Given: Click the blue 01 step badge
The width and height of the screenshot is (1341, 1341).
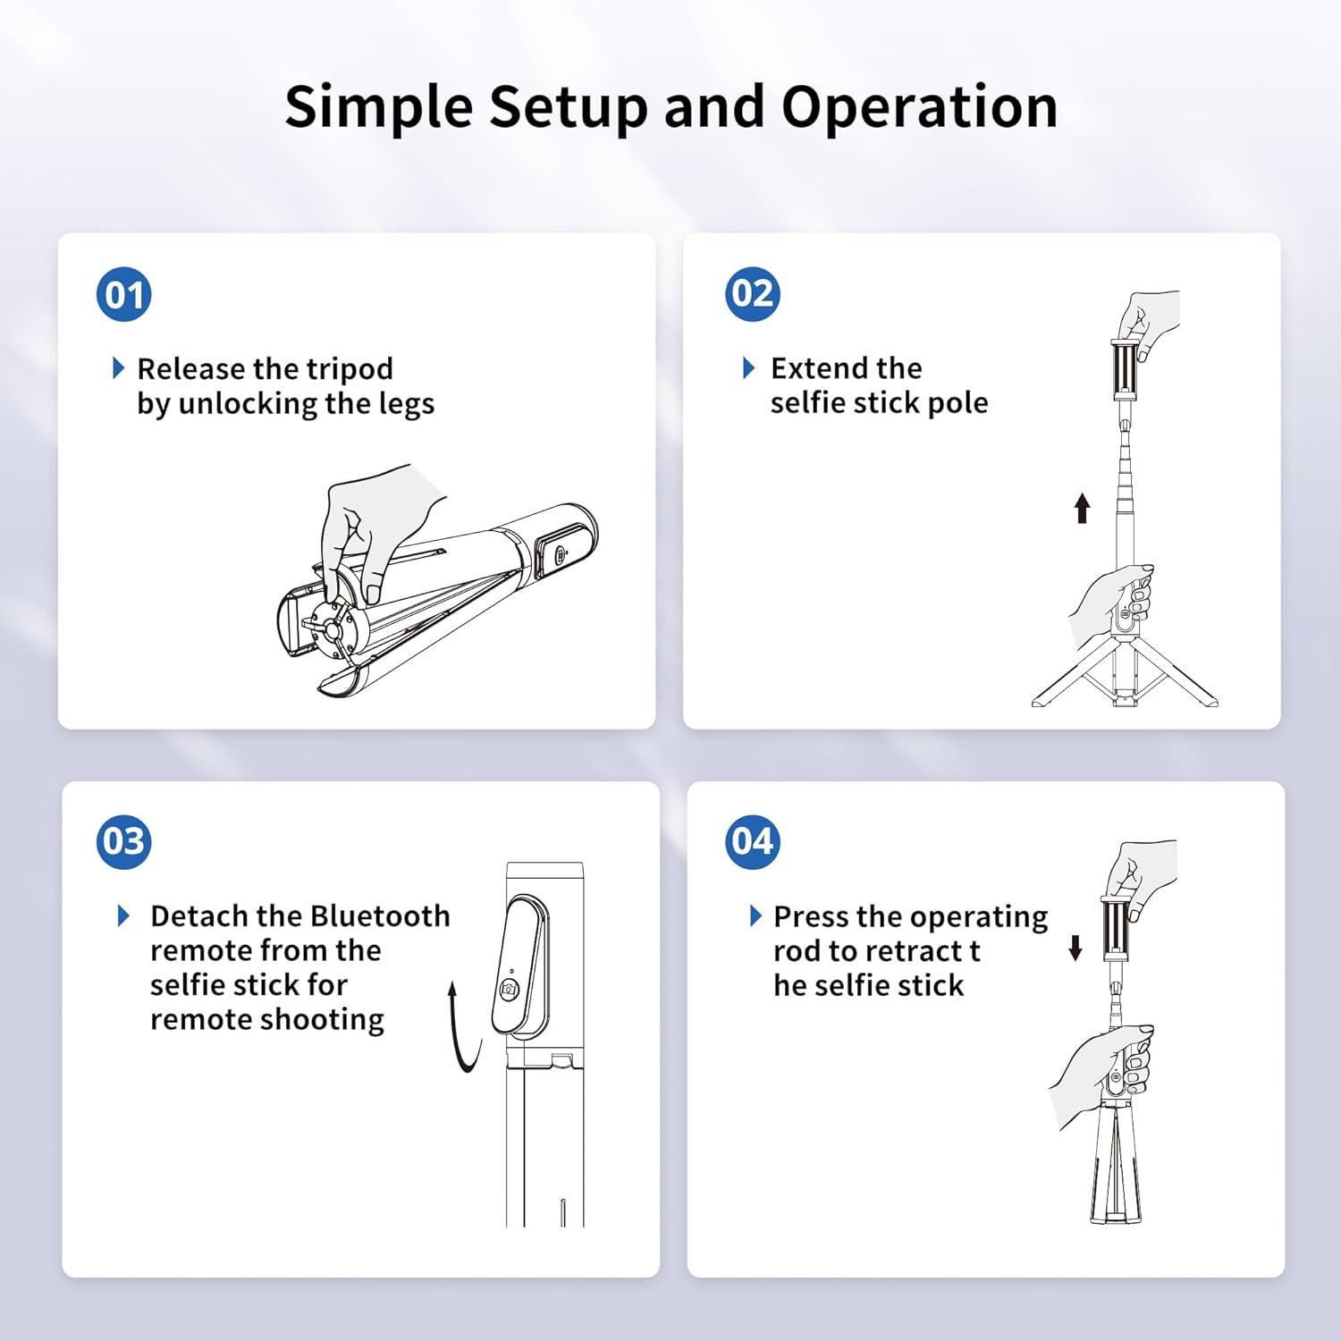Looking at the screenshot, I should tap(123, 295).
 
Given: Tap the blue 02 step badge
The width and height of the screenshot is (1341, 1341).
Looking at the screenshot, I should tap(752, 294).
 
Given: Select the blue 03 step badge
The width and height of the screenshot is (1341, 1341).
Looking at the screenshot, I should tap(123, 841).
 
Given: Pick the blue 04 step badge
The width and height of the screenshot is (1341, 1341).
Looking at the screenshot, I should tap(752, 841).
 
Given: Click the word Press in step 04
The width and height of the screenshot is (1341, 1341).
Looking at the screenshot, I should tap(811, 917).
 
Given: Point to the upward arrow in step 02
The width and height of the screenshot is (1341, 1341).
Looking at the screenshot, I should tap(1082, 507).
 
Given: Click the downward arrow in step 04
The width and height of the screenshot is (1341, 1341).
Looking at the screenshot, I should tap(1075, 948).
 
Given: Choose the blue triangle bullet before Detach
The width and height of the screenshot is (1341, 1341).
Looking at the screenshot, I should tap(124, 916).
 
